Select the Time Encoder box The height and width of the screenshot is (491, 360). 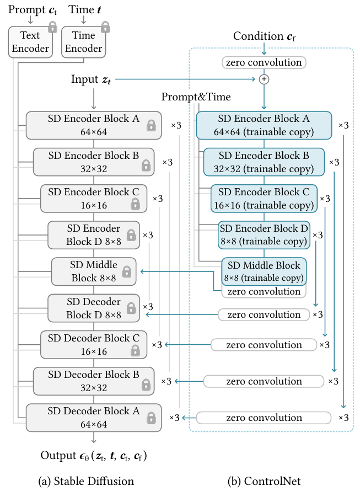(x=83, y=42)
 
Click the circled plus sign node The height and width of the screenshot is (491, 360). (x=264, y=79)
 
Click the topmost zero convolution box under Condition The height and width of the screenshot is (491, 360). (x=264, y=62)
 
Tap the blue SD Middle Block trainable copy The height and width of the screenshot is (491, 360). (x=264, y=270)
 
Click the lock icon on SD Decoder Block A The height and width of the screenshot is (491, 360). (x=151, y=418)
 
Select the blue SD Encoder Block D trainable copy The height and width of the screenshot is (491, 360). (x=264, y=234)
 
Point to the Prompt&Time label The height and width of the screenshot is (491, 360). (x=196, y=97)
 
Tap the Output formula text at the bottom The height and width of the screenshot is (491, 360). (x=94, y=456)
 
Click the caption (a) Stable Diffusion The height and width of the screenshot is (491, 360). (x=86, y=481)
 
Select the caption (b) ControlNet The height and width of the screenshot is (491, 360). (x=264, y=481)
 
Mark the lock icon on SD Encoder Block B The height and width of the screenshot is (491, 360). (x=146, y=164)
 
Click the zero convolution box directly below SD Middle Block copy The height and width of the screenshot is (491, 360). (x=264, y=291)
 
